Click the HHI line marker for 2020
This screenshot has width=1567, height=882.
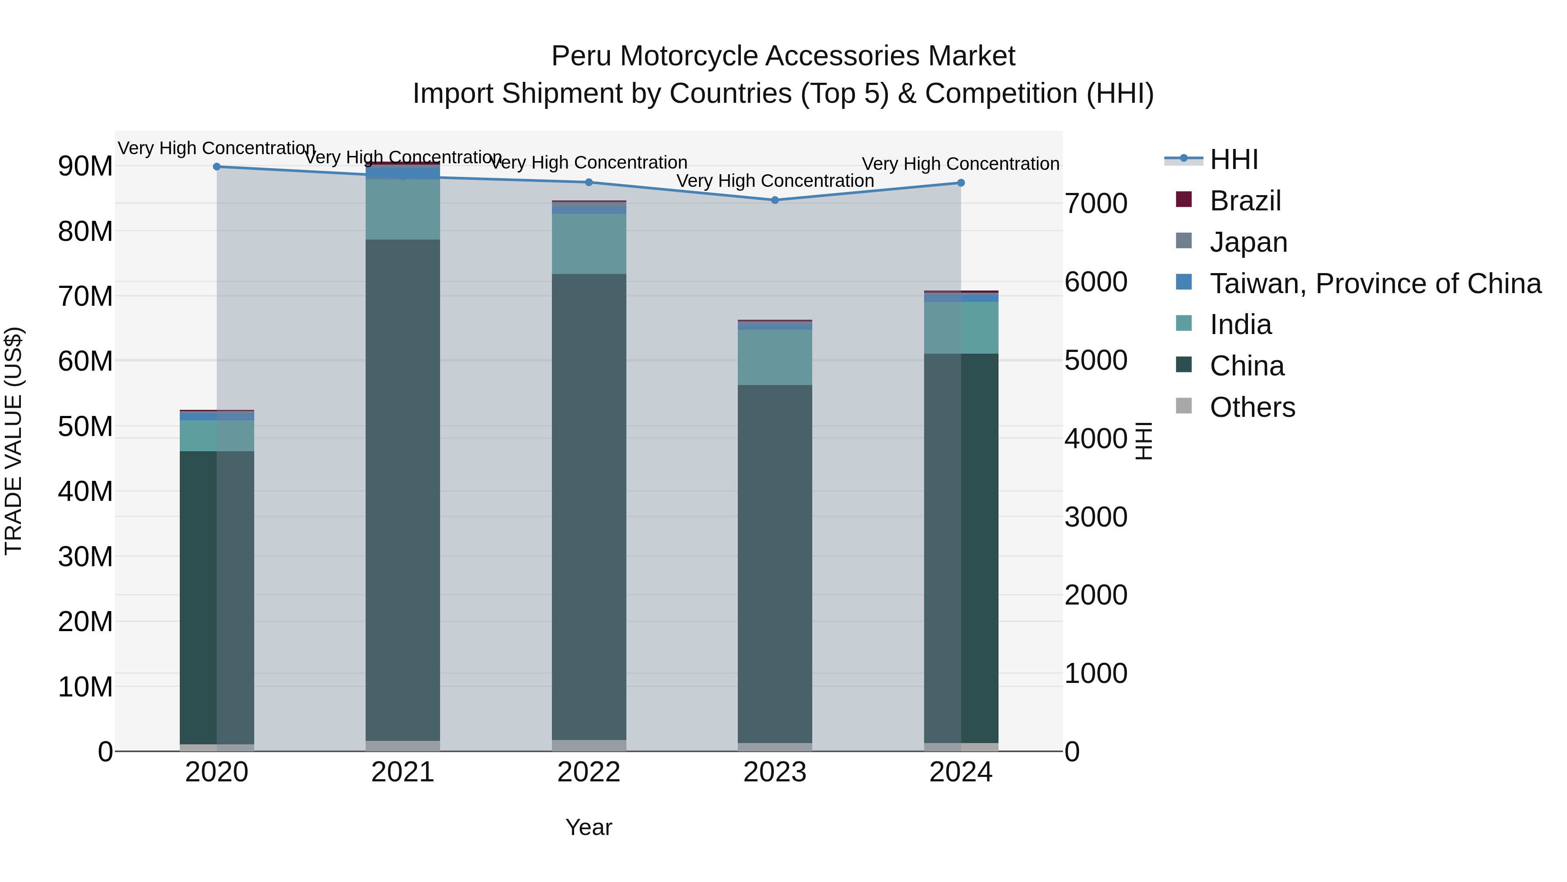coord(217,167)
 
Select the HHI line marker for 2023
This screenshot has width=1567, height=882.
coord(775,200)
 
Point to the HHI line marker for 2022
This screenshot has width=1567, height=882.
coord(589,182)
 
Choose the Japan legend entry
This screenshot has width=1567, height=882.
coord(1248,242)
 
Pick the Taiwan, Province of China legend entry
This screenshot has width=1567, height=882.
coord(1375,284)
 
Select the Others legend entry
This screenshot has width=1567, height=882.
coord(1252,407)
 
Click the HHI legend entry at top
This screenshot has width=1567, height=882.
coord(1234,159)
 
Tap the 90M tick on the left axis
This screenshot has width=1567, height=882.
coord(85,166)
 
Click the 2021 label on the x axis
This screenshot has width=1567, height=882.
coord(403,772)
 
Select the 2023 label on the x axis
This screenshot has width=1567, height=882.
coord(775,772)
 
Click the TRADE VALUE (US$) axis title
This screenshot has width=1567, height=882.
coord(14,441)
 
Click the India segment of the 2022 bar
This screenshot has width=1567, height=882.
coord(589,244)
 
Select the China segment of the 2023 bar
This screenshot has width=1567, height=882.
coord(775,563)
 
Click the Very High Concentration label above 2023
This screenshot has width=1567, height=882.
coord(775,181)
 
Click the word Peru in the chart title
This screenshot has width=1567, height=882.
coord(582,56)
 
